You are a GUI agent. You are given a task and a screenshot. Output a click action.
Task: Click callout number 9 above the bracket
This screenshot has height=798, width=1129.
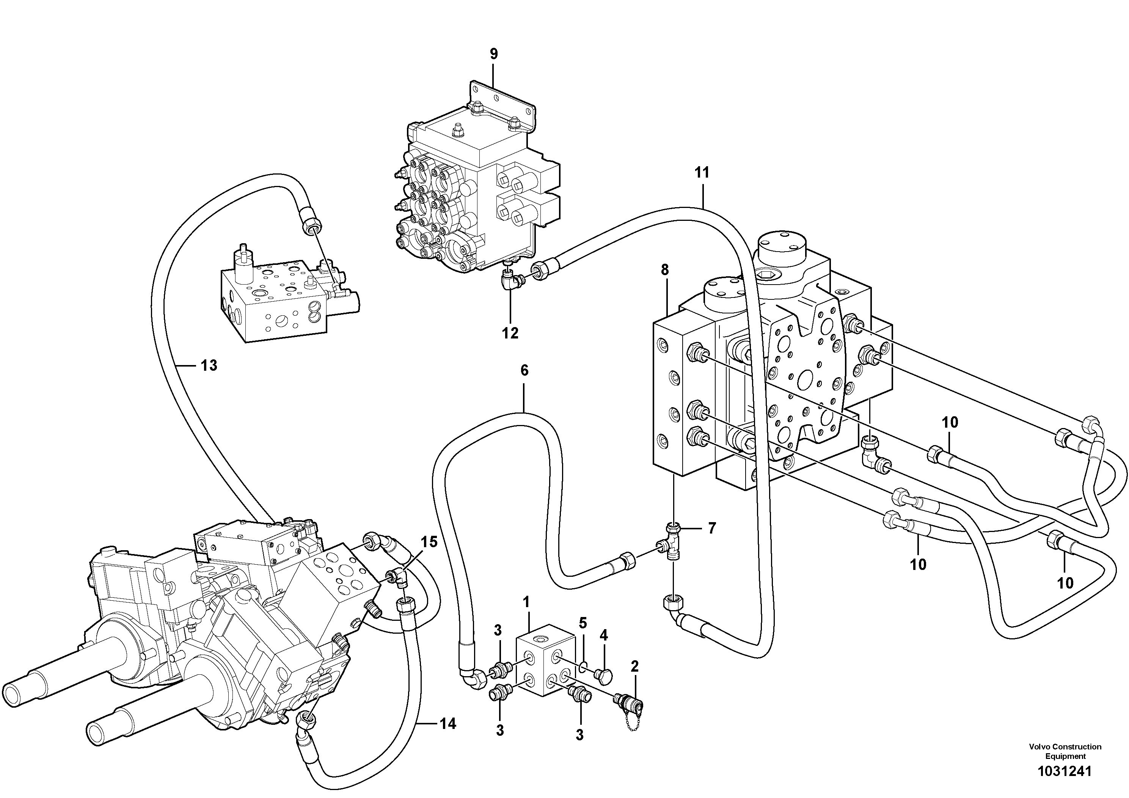tap(494, 54)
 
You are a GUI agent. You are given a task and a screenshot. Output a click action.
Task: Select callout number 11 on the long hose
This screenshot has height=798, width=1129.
tap(702, 173)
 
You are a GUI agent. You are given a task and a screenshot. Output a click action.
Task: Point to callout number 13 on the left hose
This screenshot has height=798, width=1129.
tap(209, 365)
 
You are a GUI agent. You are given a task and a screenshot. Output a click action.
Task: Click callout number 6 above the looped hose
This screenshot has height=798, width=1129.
tap(524, 370)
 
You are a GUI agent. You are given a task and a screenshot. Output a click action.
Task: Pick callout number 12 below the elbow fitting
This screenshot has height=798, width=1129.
tap(510, 333)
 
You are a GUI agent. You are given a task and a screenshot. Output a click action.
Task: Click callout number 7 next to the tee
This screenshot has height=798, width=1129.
tap(711, 528)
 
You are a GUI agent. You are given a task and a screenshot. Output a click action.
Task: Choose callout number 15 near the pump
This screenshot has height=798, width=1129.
tap(429, 542)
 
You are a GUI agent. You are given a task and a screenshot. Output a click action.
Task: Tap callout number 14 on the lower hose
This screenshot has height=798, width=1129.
tap(448, 723)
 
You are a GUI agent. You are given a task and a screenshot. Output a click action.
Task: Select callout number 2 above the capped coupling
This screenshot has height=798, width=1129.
tap(634, 667)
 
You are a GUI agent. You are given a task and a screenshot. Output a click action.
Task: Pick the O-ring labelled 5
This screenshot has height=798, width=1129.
tap(582, 667)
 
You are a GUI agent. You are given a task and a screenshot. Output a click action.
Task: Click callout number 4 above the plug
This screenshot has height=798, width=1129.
tap(603, 635)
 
